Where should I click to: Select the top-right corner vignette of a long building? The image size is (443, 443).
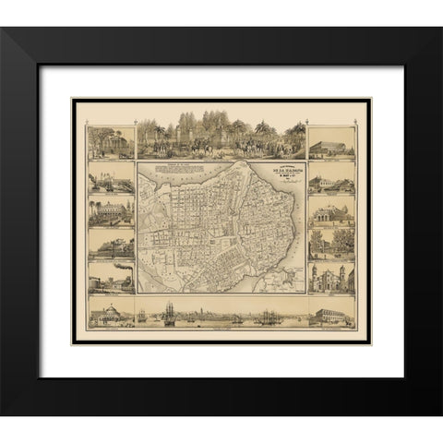(330, 146)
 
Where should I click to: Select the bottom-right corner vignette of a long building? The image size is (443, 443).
(330, 316)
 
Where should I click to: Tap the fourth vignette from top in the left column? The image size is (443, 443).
(111, 245)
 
